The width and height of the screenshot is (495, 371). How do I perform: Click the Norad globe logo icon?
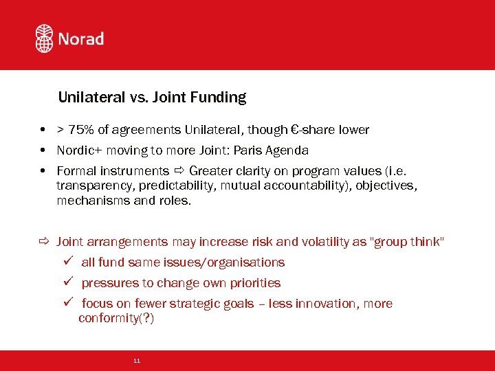pyautogui.click(x=44, y=38)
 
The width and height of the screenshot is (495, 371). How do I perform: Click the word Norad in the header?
pyautogui.click(x=81, y=38)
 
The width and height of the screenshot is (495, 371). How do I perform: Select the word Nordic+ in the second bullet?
pyautogui.click(x=80, y=150)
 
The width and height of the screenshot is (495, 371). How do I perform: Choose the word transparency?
pyautogui.click(x=95, y=186)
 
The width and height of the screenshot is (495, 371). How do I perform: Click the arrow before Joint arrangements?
pyautogui.click(x=45, y=242)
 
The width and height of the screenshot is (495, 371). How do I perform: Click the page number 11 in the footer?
pyautogui.click(x=137, y=361)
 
